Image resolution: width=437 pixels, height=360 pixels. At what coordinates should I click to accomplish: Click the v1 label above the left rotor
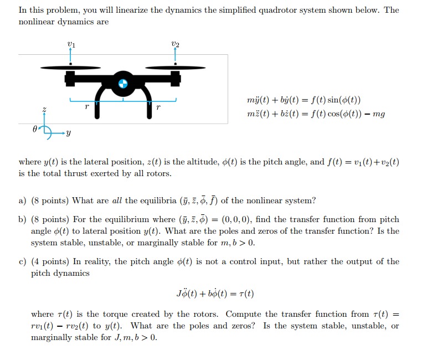click(70, 44)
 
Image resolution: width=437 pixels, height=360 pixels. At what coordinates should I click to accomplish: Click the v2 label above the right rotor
click(176, 44)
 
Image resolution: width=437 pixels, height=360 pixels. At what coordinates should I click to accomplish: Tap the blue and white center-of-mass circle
click(123, 84)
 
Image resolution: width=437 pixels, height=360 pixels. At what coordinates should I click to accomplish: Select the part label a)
click(22, 200)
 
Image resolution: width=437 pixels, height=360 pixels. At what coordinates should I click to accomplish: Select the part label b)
click(22, 219)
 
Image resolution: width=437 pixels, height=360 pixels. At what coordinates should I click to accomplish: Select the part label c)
click(22, 261)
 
